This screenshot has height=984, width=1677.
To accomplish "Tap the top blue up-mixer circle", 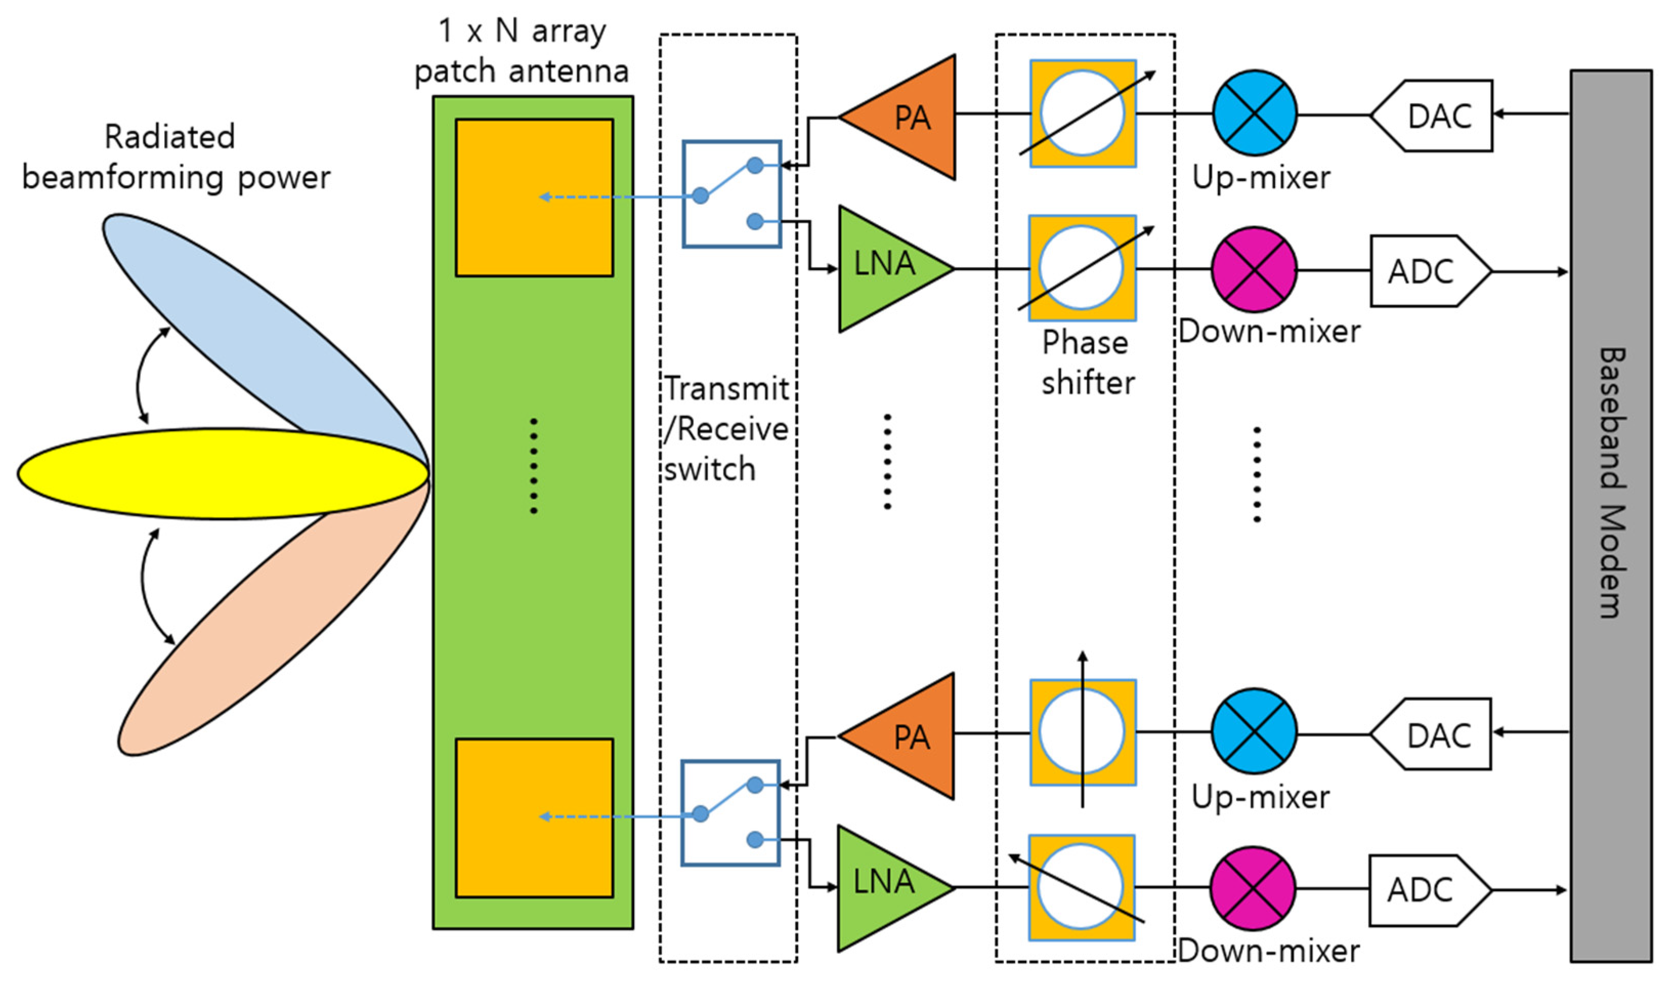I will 1254,113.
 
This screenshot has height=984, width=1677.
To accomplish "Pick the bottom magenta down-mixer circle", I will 1253,888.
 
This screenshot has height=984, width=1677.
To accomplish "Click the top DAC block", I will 1434,116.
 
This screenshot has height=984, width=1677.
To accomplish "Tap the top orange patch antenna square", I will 534,198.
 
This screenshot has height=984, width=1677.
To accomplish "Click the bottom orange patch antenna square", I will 534,818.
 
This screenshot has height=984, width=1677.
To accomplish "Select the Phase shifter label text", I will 1087,363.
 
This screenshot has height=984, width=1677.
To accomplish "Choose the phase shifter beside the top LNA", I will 1082,268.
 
